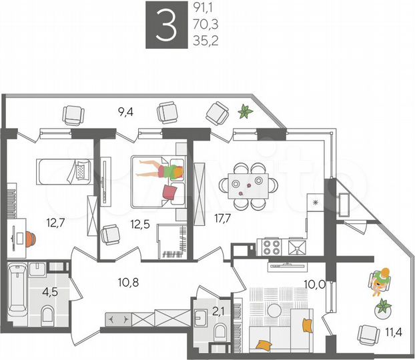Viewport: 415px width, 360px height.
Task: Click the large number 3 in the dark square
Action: pos(165,26)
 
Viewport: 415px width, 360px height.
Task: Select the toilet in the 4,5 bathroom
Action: pos(47,314)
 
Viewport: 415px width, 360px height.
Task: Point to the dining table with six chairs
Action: pos(250,184)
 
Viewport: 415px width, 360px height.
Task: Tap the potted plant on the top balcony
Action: pos(246,111)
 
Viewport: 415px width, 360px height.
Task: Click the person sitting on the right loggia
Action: pos(380,280)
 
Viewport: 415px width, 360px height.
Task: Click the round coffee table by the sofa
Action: pos(274,310)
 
